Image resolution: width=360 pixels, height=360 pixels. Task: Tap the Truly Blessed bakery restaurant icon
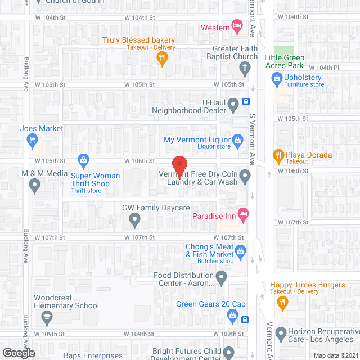pyautogui.click(x=161, y=57)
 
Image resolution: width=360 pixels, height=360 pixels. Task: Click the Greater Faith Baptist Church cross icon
pyautogui.click(x=244, y=69)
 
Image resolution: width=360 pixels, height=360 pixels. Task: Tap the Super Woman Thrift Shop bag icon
pyautogui.click(x=83, y=160)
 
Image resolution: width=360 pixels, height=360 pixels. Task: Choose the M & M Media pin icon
pyautogui.click(x=35, y=184)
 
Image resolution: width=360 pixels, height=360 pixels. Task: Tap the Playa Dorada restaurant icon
pyautogui.click(x=277, y=155)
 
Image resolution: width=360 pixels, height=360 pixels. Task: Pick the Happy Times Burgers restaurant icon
pyautogui.click(x=282, y=303)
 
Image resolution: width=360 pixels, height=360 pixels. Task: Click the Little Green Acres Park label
pyautogui.click(x=285, y=61)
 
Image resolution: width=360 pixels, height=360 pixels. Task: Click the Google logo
pyautogui.click(x=19, y=353)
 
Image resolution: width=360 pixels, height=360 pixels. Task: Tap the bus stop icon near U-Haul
pyautogui.click(x=246, y=102)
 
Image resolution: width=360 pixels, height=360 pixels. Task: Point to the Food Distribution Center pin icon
pyautogui.click(x=222, y=276)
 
